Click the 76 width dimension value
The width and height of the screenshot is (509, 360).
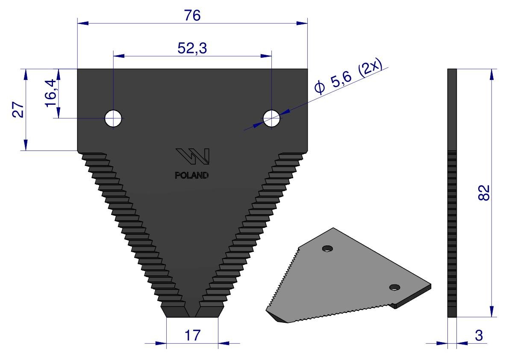click(192, 15)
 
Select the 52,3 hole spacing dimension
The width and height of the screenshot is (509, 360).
click(192, 48)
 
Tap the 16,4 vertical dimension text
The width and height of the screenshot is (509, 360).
click(52, 94)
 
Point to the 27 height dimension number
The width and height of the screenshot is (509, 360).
click(18, 109)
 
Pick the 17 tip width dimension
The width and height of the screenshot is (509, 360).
click(192, 335)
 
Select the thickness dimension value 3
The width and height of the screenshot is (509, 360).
click(479, 336)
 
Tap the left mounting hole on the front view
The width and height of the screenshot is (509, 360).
click(113, 118)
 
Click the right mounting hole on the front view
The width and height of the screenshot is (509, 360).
click(271, 118)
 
